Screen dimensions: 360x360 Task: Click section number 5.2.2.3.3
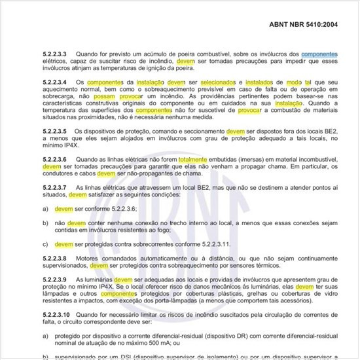click(x=56, y=54)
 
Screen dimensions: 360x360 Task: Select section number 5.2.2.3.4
click(x=56, y=82)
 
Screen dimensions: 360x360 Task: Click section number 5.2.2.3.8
click(x=56, y=259)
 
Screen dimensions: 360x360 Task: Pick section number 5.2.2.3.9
click(x=56, y=279)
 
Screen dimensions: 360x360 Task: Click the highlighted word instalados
click(x=264, y=82)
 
